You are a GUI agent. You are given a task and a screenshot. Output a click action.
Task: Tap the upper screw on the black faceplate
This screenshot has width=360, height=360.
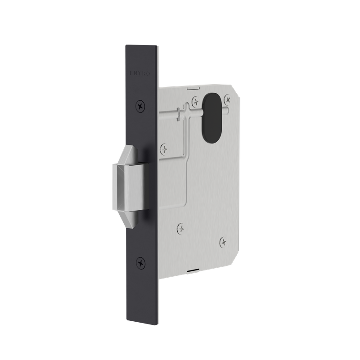pos(141,106)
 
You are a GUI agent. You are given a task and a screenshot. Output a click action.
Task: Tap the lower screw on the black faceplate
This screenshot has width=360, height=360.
pos(141,262)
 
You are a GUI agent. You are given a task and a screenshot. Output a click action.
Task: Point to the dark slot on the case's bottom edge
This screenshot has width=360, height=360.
pos(192,271)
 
